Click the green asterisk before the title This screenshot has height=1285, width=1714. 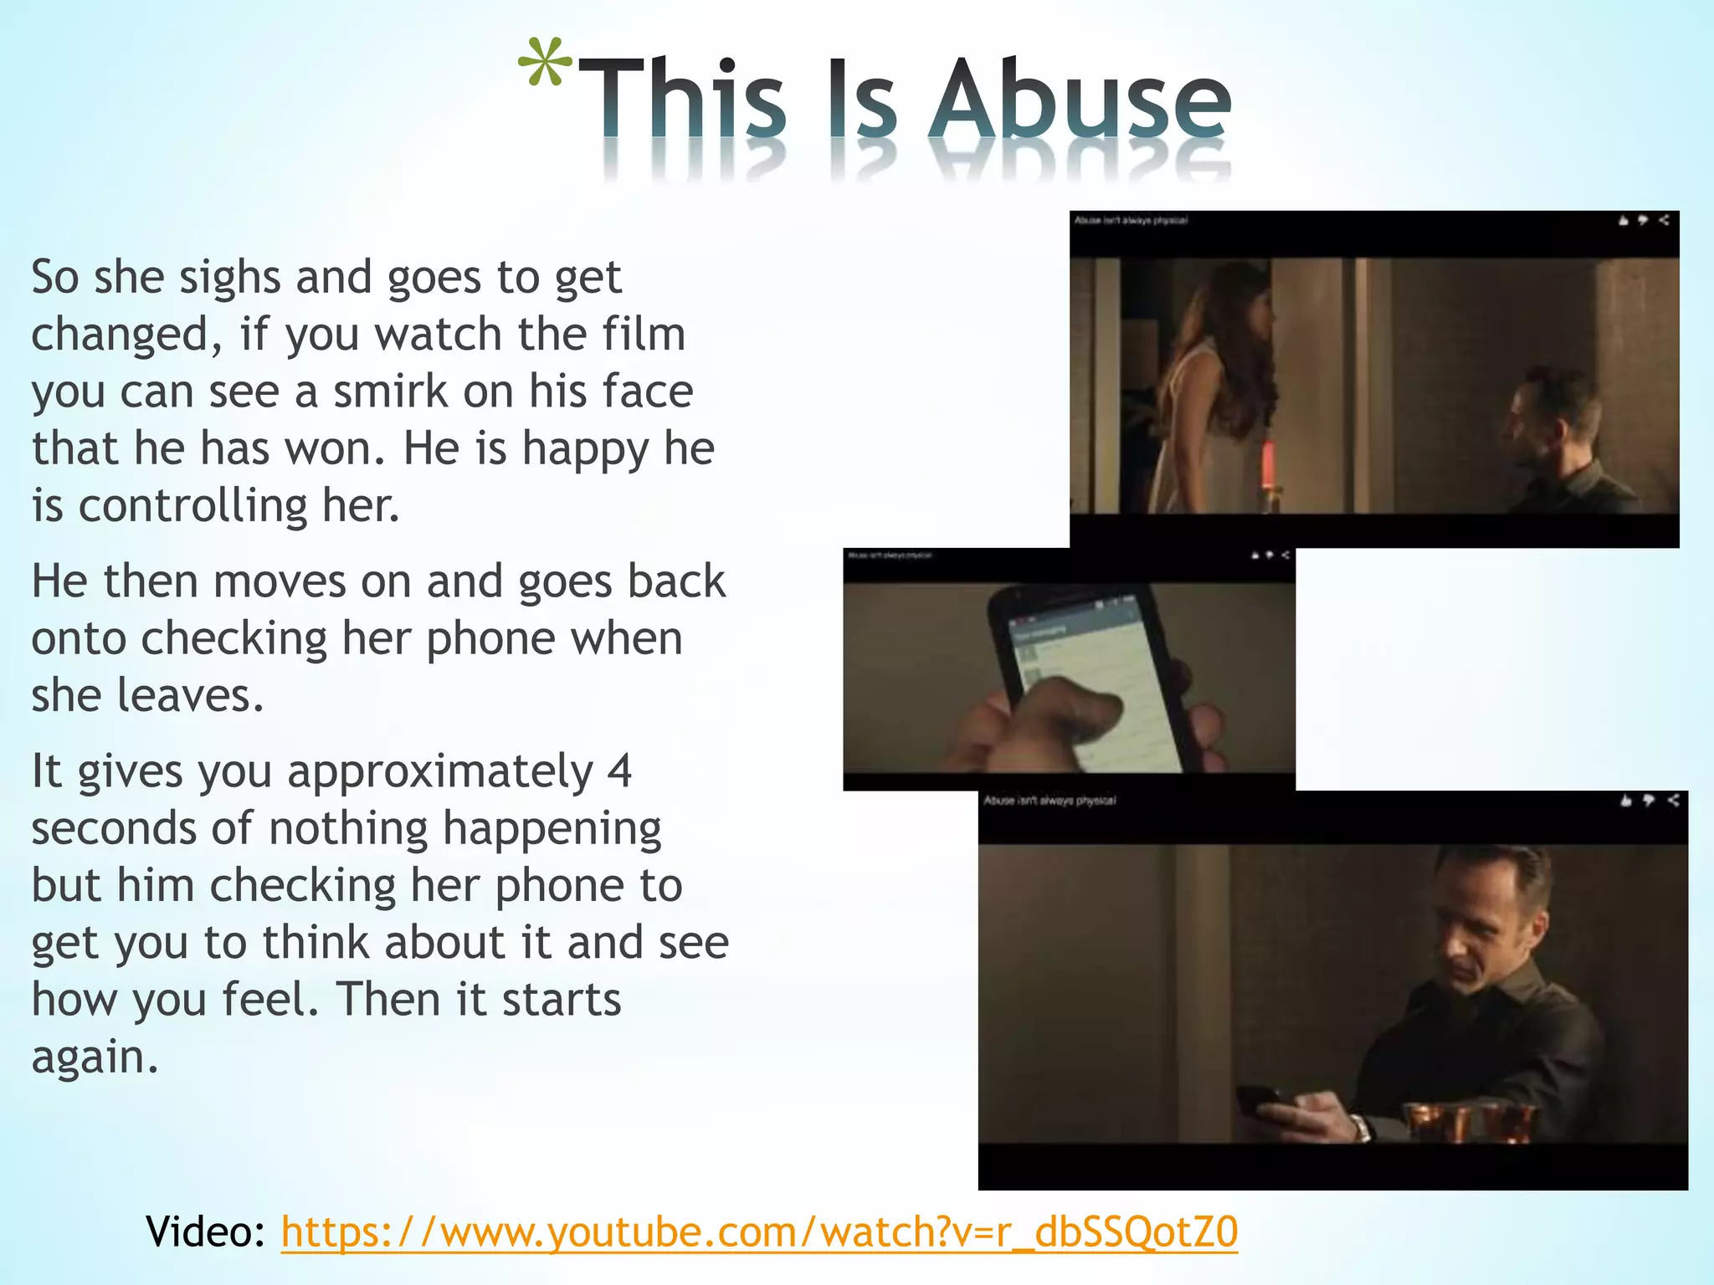coord(545,64)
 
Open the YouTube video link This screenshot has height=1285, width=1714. coord(759,1231)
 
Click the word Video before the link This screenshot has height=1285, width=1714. coord(203,1231)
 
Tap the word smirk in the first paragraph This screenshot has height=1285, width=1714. coord(391,392)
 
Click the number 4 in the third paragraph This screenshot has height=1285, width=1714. coord(619,771)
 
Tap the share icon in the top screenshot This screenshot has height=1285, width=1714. coord(1664,220)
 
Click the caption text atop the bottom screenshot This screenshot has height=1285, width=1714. coord(1049,801)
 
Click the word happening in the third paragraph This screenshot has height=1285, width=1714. coord(552,829)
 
